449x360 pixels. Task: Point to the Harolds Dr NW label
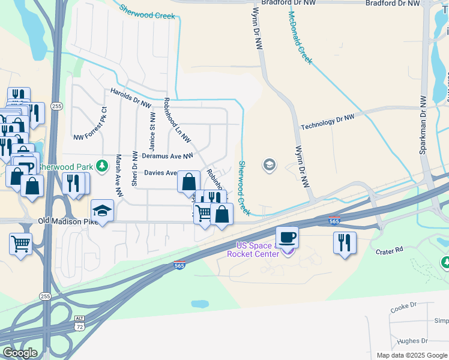click(130, 98)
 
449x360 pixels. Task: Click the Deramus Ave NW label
click(167, 156)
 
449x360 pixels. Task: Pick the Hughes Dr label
click(406, 340)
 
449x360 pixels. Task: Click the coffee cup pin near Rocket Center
click(287, 236)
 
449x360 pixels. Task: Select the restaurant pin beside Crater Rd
click(345, 242)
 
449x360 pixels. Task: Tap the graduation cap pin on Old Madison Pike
click(102, 210)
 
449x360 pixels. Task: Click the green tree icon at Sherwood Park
click(103, 164)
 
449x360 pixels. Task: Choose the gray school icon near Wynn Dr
click(270, 164)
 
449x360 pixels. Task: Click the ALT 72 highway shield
click(79, 323)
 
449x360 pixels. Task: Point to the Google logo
click(20, 352)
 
